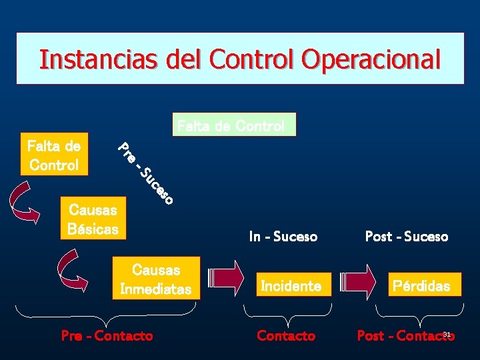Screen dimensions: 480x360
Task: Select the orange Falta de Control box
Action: point(54,155)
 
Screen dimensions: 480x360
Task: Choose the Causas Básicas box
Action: point(93,219)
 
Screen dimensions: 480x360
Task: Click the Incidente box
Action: point(291,286)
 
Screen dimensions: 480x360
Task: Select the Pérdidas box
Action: point(421,286)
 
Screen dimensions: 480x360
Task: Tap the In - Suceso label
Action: point(283,237)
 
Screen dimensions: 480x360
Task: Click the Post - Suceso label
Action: point(407,237)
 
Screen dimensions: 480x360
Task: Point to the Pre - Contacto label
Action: point(107,336)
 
